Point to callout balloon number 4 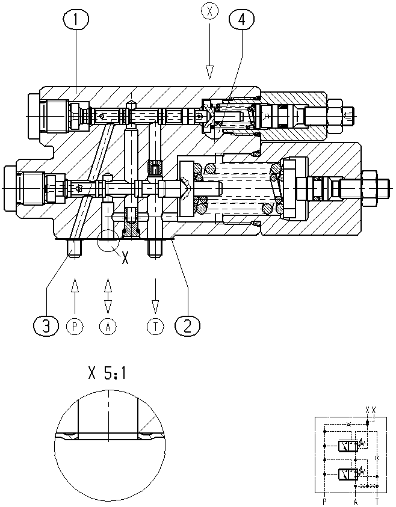(242, 19)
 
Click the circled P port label (75, 326)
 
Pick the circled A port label (108, 326)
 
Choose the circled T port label (156, 326)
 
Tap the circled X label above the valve (209, 11)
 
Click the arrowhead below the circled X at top (209, 72)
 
